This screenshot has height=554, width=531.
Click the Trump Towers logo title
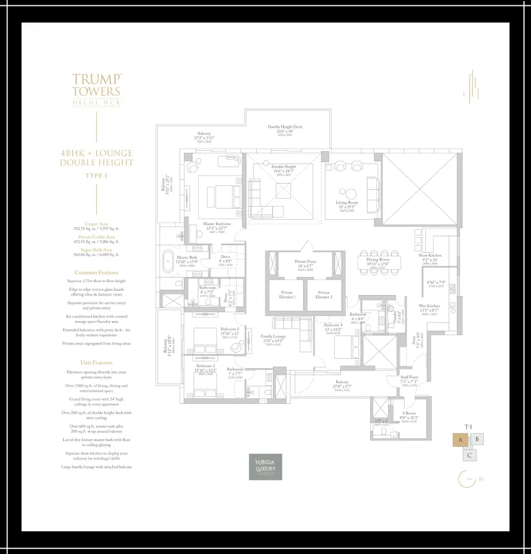point(96,85)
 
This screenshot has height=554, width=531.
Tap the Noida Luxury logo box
point(265,467)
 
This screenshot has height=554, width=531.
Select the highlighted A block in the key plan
point(460,440)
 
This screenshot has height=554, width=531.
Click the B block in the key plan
point(477,439)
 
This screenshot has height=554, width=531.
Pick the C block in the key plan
point(469,455)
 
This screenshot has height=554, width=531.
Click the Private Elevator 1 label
point(287,295)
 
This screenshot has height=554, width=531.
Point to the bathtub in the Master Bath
point(168,262)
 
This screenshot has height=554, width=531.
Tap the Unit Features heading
point(96,362)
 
